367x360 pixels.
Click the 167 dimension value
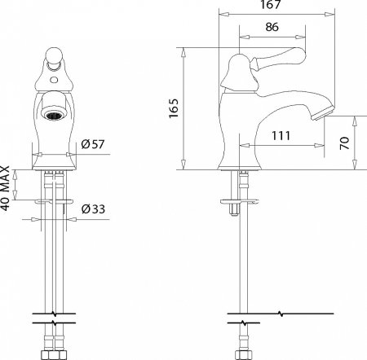click(x=270, y=5)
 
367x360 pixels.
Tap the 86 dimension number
click(x=272, y=27)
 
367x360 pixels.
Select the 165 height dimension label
click(x=174, y=108)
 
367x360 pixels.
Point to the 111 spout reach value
click(x=281, y=135)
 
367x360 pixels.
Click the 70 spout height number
click(x=344, y=143)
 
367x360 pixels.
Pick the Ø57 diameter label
click(x=93, y=144)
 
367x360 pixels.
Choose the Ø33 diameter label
click(x=93, y=209)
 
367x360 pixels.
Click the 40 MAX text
click(x=5, y=188)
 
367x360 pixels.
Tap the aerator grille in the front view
click(x=54, y=116)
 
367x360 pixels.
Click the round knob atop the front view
click(x=54, y=56)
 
